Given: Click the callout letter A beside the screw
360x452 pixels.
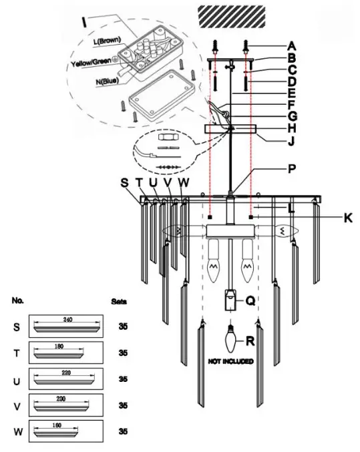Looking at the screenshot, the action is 292,46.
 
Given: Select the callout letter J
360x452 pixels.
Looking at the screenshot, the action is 291,141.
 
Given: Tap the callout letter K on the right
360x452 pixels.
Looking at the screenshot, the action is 348,218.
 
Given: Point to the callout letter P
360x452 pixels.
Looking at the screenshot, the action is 292,169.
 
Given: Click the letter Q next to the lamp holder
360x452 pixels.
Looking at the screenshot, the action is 250,301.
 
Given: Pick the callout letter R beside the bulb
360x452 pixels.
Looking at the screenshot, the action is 250,341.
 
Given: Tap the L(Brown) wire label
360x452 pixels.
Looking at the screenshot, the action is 107,41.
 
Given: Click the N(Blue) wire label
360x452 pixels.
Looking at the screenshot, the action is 108,81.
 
